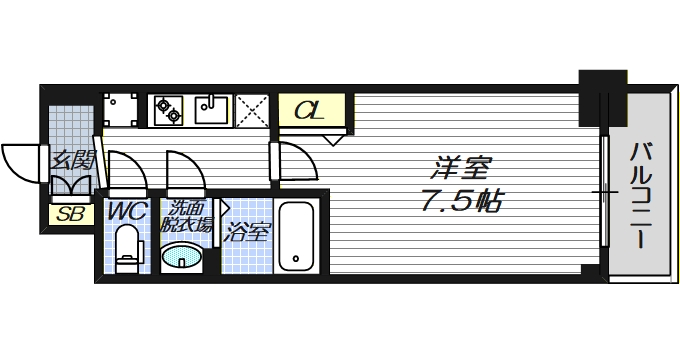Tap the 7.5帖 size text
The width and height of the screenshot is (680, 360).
460,200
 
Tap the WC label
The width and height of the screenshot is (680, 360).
127,211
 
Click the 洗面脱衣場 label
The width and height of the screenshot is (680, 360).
186,217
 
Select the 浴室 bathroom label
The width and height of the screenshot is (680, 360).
246,234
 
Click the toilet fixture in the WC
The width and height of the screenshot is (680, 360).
127,250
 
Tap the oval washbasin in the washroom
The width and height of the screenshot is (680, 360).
183,259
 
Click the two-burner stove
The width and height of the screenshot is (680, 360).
167,108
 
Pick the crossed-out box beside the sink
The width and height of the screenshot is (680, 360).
253,109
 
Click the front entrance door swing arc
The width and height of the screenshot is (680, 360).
22,160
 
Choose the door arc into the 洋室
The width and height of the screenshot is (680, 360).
296,160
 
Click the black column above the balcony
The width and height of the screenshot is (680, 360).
602,82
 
